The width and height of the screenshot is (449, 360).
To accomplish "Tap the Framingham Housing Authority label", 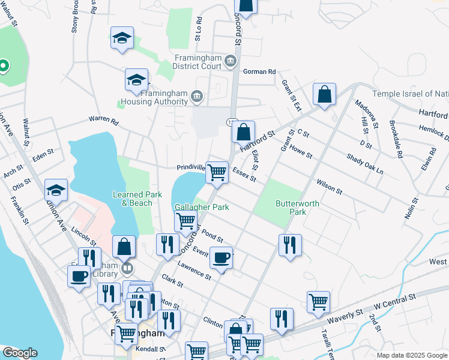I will [164, 97].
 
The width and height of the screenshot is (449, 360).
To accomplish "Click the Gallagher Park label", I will [202, 207].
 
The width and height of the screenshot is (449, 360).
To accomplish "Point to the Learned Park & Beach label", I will [137, 199].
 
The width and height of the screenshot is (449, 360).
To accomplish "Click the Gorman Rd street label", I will [259, 71].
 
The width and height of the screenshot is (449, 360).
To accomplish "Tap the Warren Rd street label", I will [104, 120].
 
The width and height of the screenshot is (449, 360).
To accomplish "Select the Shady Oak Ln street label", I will [364, 163].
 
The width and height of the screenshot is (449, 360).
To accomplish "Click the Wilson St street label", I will [329, 187].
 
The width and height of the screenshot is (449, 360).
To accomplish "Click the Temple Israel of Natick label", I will [411, 94].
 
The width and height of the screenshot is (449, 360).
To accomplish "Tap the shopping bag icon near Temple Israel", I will [324, 94].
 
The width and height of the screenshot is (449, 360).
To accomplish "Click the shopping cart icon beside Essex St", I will [217, 172].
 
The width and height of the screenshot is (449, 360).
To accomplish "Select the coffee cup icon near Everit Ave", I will [221, 257].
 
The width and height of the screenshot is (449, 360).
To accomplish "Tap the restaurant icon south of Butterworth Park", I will [290, 245].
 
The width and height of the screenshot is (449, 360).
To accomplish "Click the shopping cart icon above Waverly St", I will [318, 302].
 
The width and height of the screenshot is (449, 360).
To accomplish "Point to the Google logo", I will [20, 353].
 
